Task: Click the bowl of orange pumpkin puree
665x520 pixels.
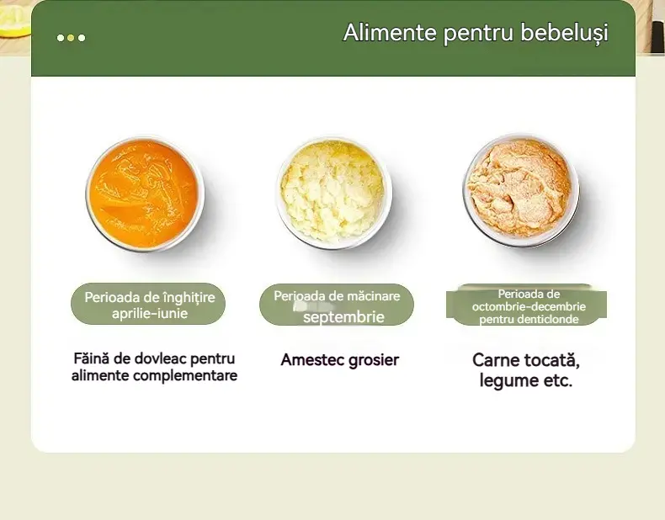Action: pyautogui.click(x=145, y=194)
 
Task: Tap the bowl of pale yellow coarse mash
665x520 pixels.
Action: pyautogui.click(x=334, y=193)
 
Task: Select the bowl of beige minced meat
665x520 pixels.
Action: pyautogui.click(x=520, y=190)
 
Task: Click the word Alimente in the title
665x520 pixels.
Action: pyautogui.click(x=390, y=32)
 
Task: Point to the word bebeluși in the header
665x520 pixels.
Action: pyautogui.click(x=564, y=33)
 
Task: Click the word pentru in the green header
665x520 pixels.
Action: pyautogui.click(x=478, y=34)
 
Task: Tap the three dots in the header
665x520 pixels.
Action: pyautogui.click(x=71, y=38)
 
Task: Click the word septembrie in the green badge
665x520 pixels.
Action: pyautogui.click(x=343, y=317)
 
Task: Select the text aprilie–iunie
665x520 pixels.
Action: pyautogui.click(x=150, y=314)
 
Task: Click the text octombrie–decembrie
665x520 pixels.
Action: pyautogui.click(x=529, y=306)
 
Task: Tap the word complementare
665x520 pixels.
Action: pyautogui.click(x=188, y=375)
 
